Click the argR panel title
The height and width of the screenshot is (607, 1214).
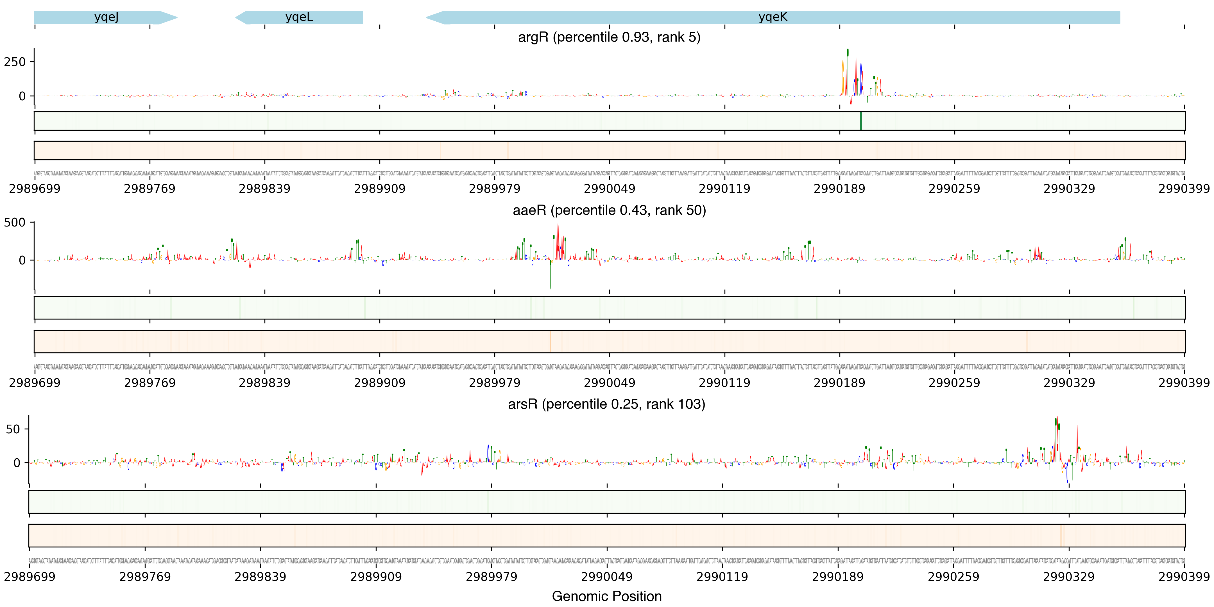[609, 37]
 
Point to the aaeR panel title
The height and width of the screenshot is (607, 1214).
[609, 210]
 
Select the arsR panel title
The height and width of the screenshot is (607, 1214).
[606, 404]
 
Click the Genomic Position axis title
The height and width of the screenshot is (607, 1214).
[606, 596]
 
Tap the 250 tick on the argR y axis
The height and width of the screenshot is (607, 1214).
[14, 62]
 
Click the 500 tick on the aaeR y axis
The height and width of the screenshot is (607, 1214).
[14, 223]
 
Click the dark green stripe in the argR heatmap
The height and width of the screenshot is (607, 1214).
[860, 121]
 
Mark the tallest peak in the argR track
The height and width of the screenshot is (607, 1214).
[847, 53]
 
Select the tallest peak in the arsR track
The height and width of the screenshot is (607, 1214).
[1056, 420]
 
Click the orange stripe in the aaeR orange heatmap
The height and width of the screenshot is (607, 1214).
[550, 341]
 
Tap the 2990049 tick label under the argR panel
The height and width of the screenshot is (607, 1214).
[609, 189]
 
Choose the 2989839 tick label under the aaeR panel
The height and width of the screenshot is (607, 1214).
[264, 383]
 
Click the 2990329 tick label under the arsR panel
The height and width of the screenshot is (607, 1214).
[1068, 577]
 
